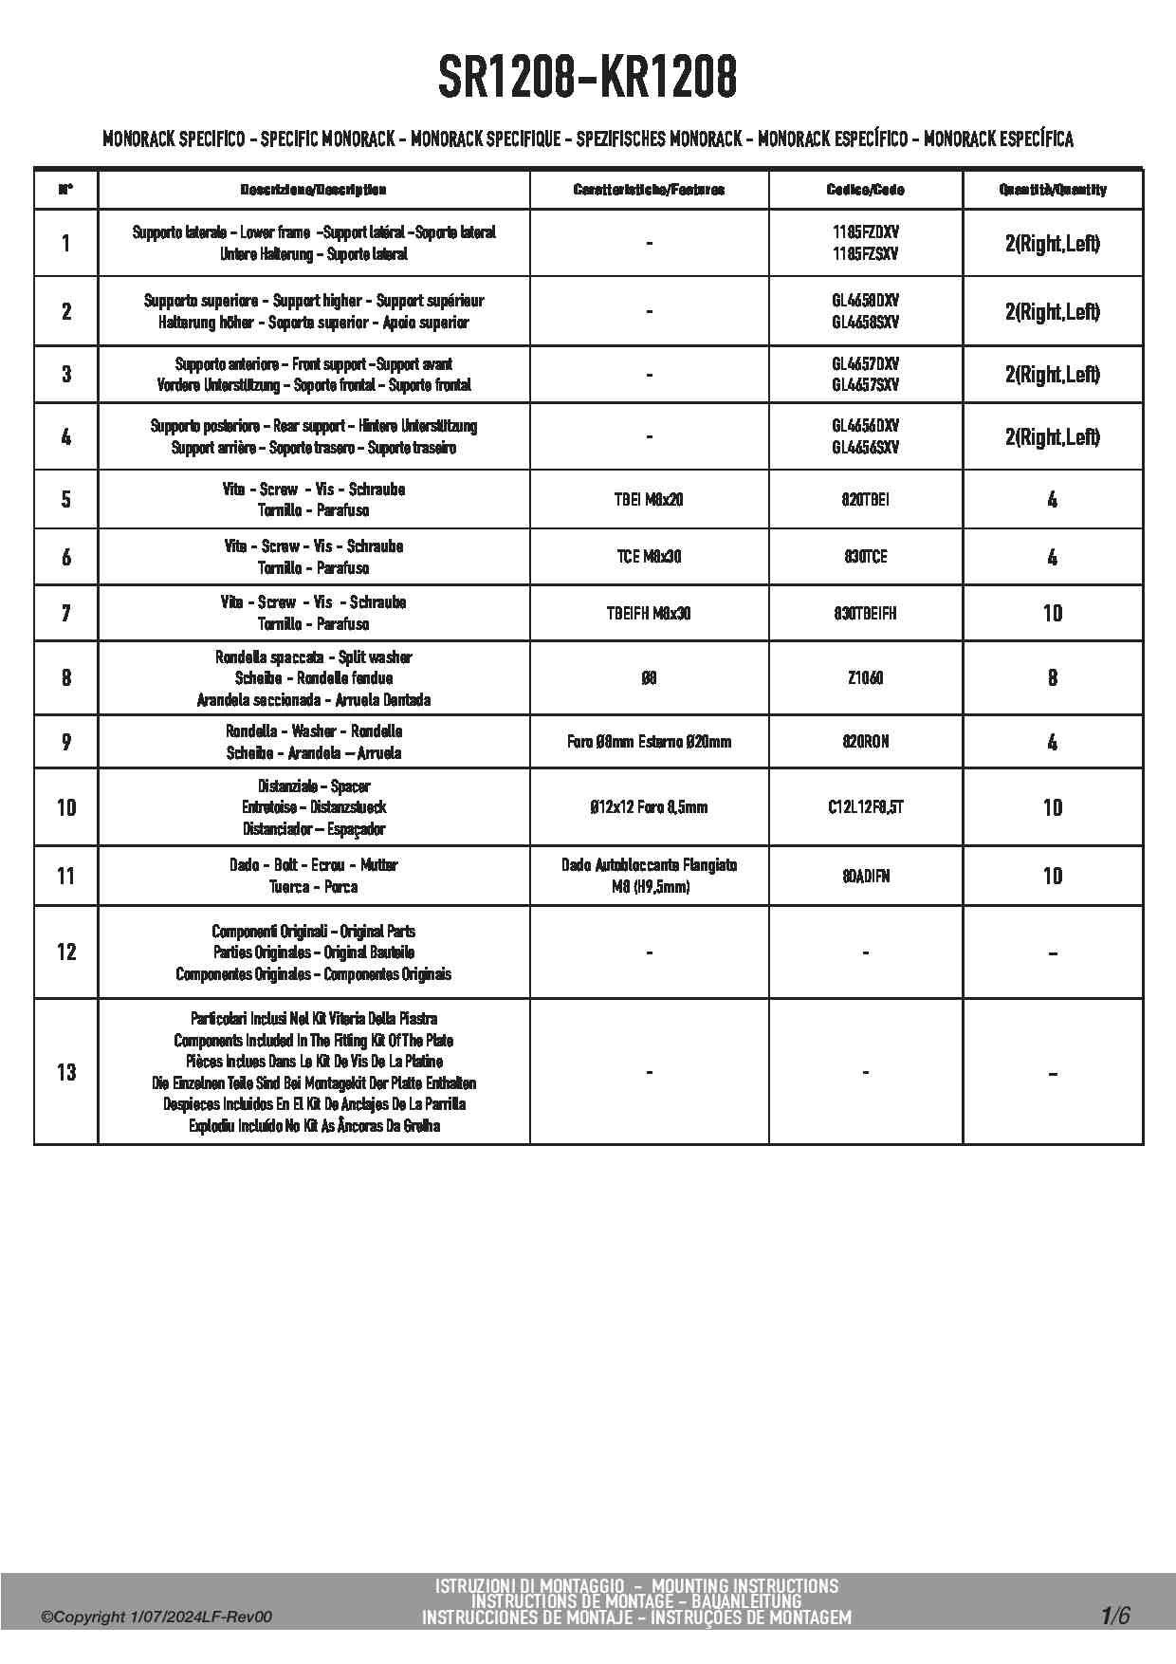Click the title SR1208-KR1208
[x=587, y=77]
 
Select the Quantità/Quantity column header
[x=1052, y=190]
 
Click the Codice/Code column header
[x=865, y=190]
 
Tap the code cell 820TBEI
[x=865, y=499]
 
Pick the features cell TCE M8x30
[x=649, y=556]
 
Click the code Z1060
[x=865, y=677]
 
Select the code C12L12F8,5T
[x=865, y=807]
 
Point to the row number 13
[x=65, y=1072]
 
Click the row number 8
[x=65, y=677]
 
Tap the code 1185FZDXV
[x=865, y=232]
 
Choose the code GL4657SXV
[x=865, y=385]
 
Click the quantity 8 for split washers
[x=1052, y=677]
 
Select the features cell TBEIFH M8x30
[x=649, y=613]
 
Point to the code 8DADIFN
[x=865, y=876]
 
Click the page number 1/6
[x=1115, y=1616]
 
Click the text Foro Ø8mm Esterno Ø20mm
[x=649, y=742]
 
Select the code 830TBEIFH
[x=865, y=613]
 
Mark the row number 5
[x=65, y=499]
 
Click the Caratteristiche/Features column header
[x=649, y=190]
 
